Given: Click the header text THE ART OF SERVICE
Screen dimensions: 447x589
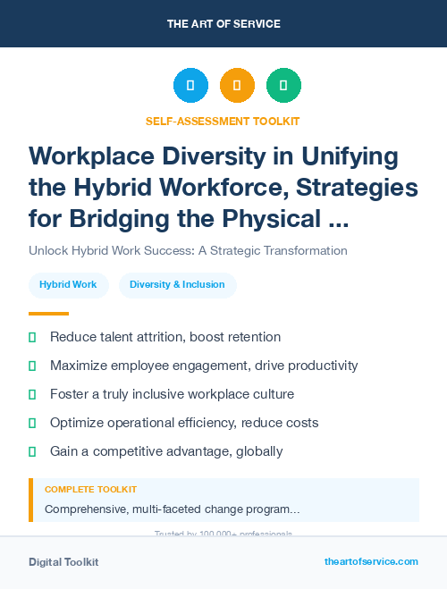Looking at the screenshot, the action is (x=223, y=23).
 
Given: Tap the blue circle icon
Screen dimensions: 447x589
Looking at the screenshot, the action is (x=190, y=86).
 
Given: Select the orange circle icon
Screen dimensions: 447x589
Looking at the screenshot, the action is (x=237, y=86).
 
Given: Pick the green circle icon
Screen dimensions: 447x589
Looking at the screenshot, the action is (x=283, y=86).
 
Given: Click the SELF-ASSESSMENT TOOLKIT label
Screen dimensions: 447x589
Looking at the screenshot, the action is (x=223, y=121).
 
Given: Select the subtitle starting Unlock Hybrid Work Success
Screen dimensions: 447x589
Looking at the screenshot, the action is (x=188, y=250).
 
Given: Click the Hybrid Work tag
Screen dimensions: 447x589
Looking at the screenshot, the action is (x=69, y=285).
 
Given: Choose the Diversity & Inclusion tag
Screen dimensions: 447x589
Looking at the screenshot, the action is (x=177, y=285).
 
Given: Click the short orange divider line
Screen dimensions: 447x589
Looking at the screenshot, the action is (x=48, y=314).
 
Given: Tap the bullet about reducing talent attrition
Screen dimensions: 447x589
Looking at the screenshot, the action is (x=165, y=337).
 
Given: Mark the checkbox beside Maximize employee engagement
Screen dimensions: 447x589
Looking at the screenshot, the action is (x=32, y=366).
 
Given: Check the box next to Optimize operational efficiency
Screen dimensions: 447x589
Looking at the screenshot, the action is (x=32, y=423).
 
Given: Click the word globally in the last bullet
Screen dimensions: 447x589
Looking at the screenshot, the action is (x=259, y=451).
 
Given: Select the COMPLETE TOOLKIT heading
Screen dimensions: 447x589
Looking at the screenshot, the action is (x=90, y=490).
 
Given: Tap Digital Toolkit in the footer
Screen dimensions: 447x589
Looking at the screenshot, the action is (x=63, y=562).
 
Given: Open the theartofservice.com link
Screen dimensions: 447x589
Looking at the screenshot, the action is (x=371, y=561).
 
